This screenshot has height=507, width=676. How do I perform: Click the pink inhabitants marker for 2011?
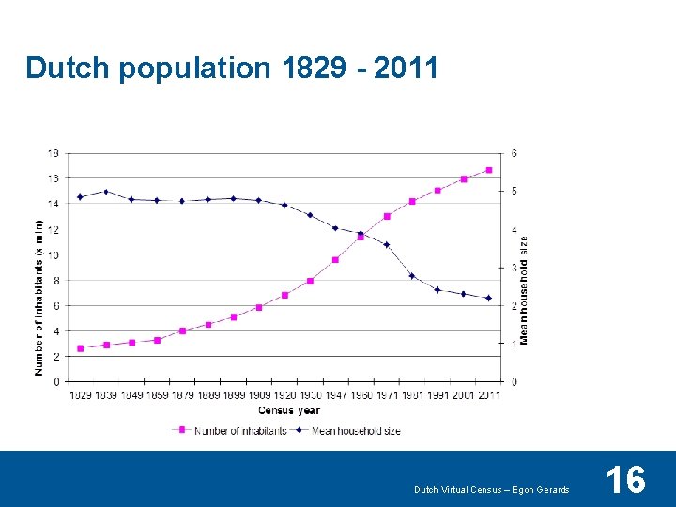[x=488, y=170]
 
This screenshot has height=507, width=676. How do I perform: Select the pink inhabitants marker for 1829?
[x=81, y=348]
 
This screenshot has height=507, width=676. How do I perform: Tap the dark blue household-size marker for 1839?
[x=106, y=192]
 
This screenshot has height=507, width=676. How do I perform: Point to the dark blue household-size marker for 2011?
[x=488, y=298]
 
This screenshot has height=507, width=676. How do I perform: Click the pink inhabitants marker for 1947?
[x=335, y=260]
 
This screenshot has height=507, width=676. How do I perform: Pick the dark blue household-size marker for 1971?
[x=387, y=244]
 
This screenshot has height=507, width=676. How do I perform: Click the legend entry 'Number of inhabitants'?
[x=239, y=431]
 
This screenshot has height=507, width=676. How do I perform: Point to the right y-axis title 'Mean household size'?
[x=524, y=289]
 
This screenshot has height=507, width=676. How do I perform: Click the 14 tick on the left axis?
[x=54, y=204]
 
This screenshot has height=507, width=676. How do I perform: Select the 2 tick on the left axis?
[x=56, y=357]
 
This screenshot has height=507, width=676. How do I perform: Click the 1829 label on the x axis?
[x=82, y=395]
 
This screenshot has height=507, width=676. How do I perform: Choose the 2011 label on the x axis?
[x=488, y=395]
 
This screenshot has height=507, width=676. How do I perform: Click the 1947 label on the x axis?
[x=335, y=395]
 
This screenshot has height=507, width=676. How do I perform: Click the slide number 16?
[x=625, y=480]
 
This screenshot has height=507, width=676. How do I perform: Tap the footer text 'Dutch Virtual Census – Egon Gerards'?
[x=492, y=490]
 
